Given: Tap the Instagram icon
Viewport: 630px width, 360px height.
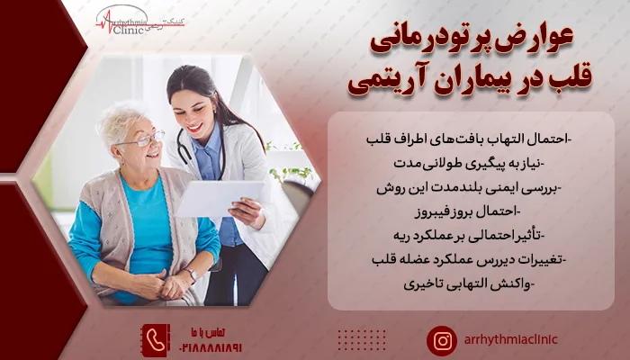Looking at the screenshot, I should [x=442, y=339].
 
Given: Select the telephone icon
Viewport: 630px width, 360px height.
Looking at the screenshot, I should [x=156, y=338].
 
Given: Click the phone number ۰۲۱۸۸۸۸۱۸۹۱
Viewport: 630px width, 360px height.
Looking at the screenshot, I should [x=211, y=345].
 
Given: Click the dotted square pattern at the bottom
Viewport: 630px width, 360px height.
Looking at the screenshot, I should [x=361, y=339].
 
